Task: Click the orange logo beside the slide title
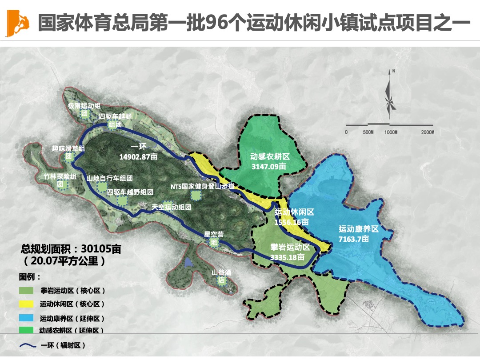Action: tap(18, 23)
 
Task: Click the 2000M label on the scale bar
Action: tap(427, 132)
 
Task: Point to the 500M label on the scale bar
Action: tap(368, 132)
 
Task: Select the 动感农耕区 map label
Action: tap(270, 157)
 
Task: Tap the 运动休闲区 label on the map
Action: tap(294, 212)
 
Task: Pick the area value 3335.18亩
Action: tap(287, 257)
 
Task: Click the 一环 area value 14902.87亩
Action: tap(139, 156)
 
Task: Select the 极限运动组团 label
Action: tap(84, 107)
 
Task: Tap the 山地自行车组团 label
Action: tap(110, 178)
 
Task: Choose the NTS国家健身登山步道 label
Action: tap(202, 187)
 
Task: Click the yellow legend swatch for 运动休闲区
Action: tap(27, 304)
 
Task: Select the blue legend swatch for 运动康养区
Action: tap(27, 318)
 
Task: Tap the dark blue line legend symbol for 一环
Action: tap(27, 345)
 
